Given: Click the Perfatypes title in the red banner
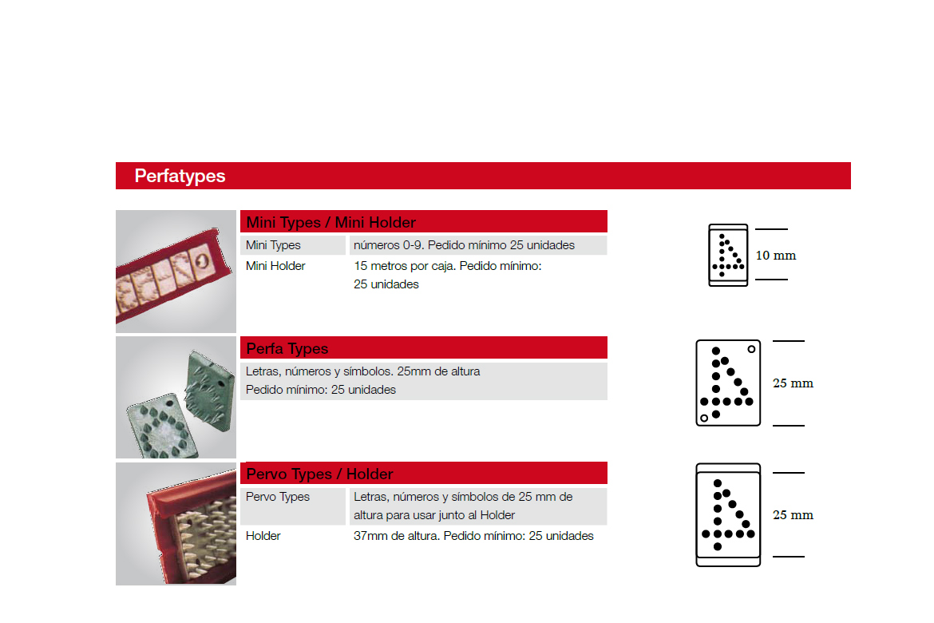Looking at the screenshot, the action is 180,176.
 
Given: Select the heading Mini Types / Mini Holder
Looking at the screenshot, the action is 330,222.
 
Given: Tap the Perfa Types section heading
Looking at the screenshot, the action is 287,349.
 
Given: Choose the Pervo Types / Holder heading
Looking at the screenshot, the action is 319,474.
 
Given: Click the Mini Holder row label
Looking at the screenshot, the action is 275,266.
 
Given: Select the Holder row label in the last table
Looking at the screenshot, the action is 263,536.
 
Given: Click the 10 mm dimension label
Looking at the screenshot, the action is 776,255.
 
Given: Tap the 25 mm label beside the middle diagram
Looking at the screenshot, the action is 793,383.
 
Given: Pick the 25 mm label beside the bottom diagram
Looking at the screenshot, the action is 793,514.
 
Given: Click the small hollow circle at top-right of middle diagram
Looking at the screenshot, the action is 751,349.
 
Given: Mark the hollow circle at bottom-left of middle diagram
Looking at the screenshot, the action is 704,418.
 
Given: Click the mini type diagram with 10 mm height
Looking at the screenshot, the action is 728,255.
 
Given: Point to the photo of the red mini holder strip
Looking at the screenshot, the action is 176,272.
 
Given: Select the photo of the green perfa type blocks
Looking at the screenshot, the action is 176,397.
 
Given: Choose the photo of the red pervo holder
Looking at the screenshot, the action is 176,523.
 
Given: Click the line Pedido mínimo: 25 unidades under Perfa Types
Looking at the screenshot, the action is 320,390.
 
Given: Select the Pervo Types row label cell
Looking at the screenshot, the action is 292,506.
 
